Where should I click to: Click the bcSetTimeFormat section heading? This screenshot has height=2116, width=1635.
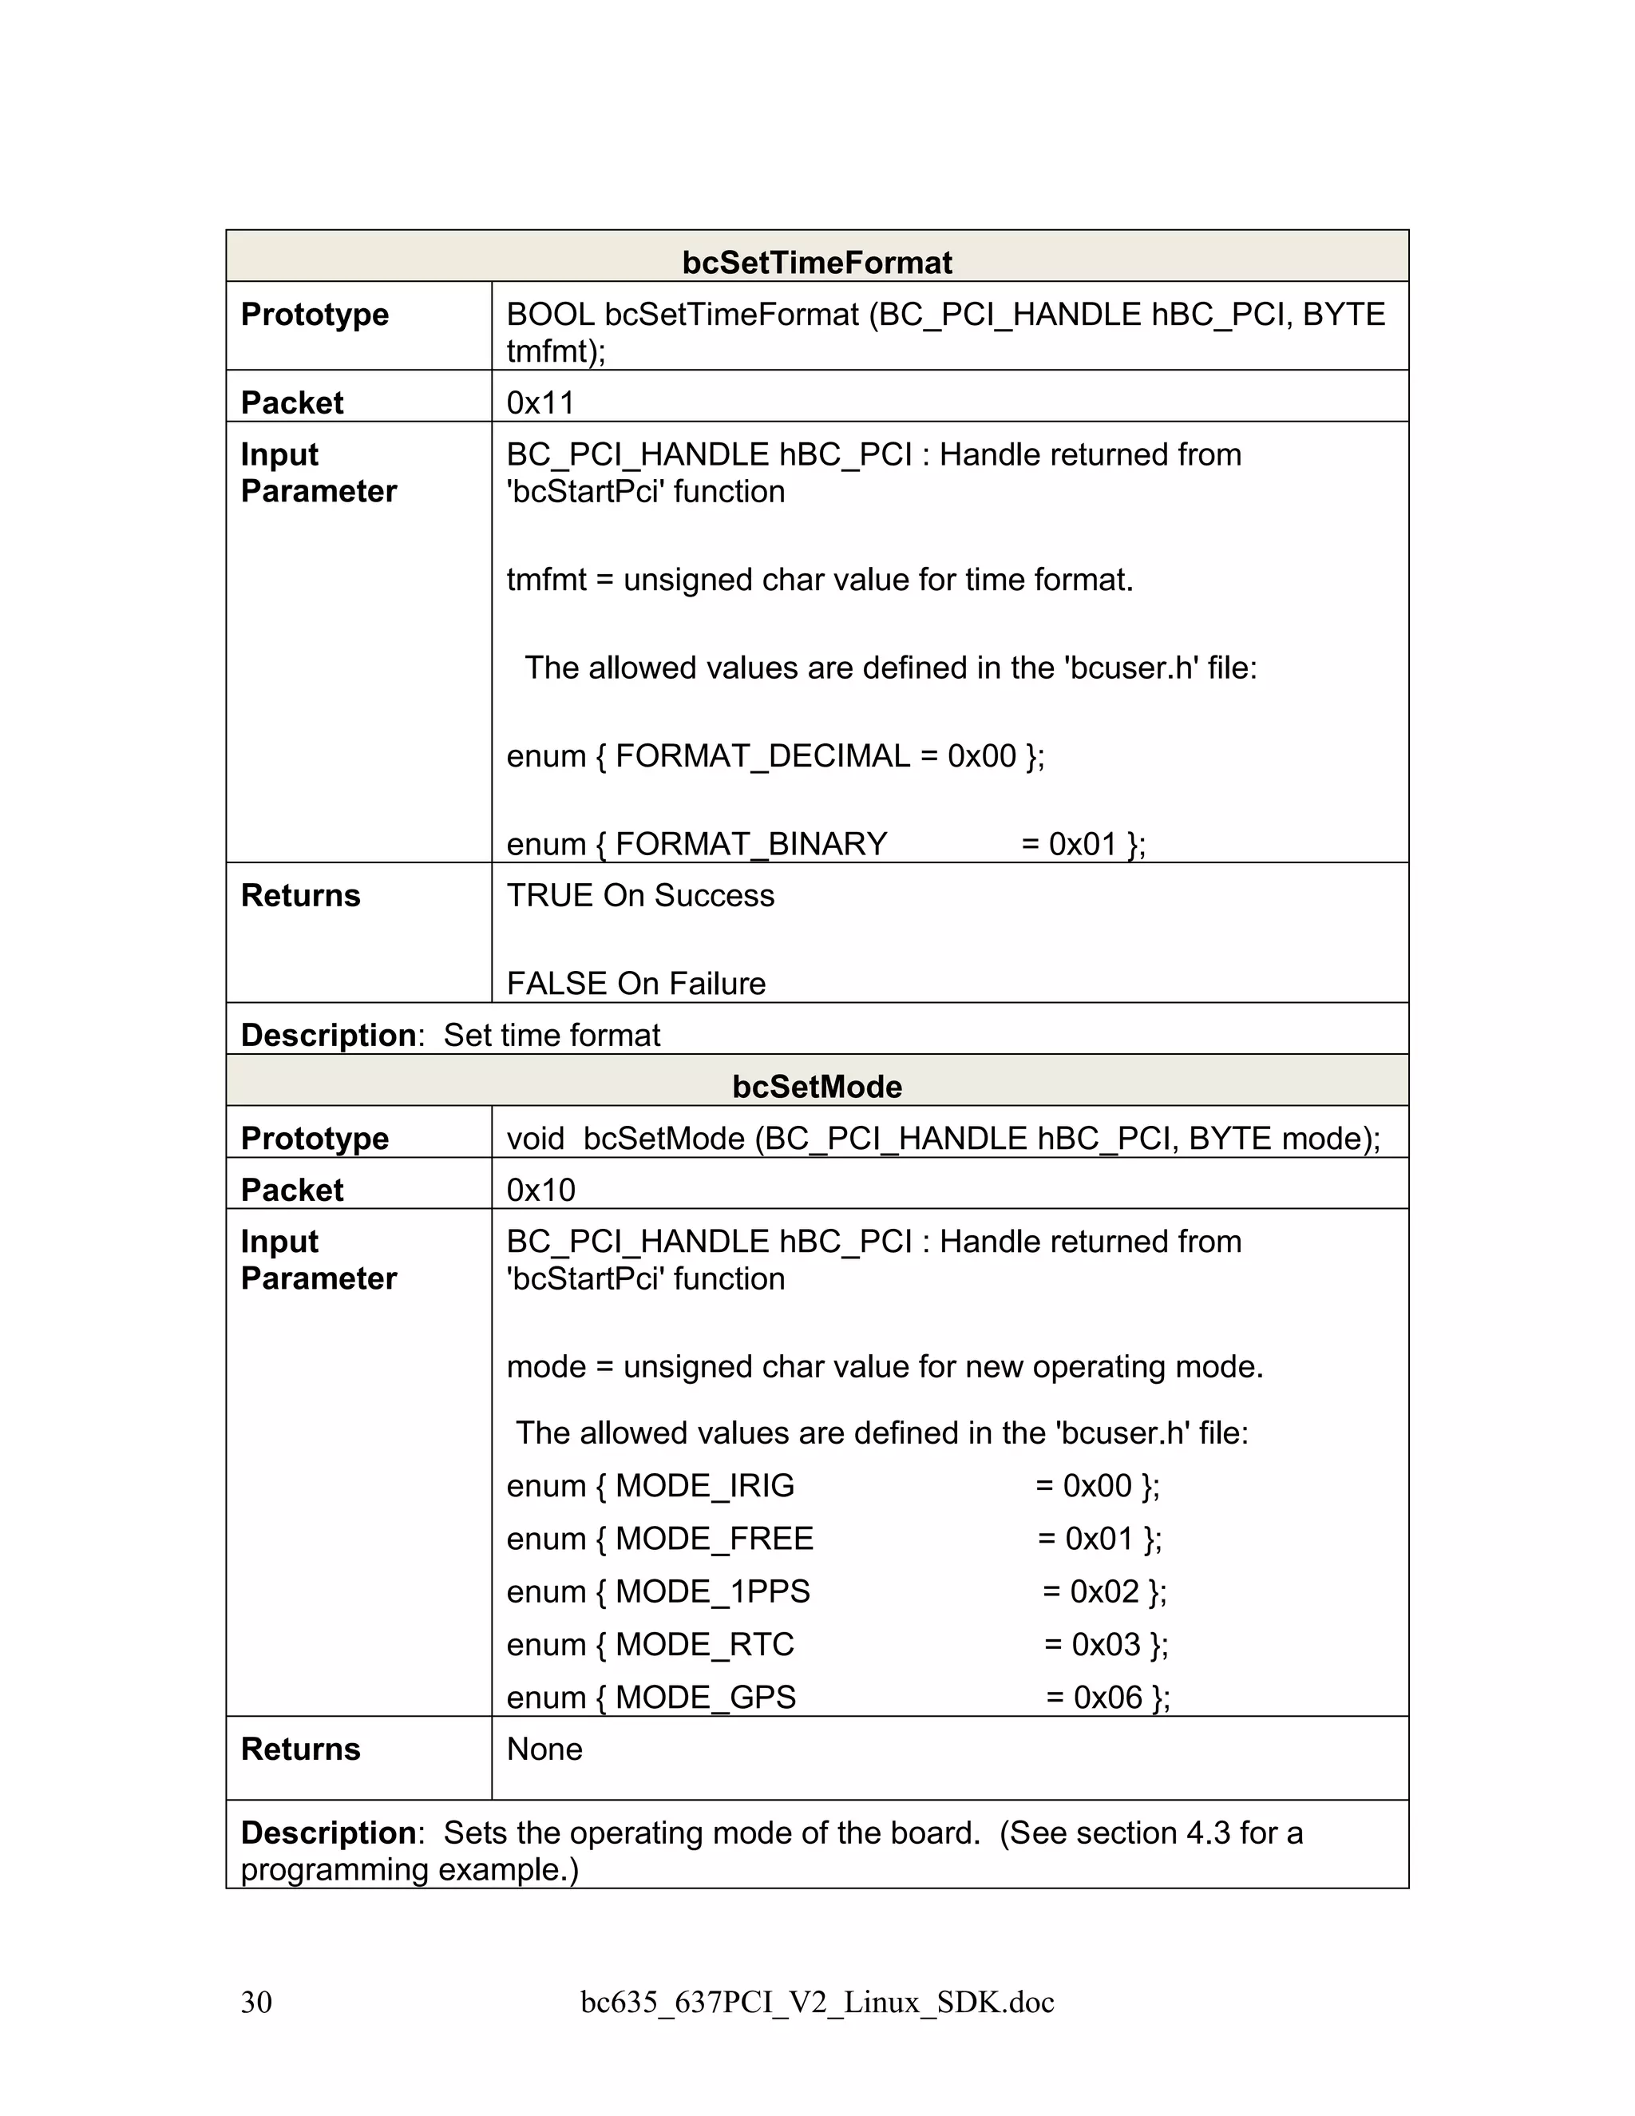pos(817,263)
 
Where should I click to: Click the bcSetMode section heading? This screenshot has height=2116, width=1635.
pos(817,1086)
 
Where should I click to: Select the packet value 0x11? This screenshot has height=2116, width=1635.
pos(540,402)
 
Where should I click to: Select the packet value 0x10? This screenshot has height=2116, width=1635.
pos(540,1189)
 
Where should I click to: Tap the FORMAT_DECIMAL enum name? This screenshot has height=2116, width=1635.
pos(762,755)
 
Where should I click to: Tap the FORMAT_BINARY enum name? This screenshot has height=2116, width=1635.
pos(750,843)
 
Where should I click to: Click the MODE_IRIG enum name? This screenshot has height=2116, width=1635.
pos(704,1485)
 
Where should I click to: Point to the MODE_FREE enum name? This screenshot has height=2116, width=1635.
pos(714,1538)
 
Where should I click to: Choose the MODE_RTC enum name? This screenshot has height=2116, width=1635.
pos(704,1644)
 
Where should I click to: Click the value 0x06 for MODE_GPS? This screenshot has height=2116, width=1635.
pos(1108,1697)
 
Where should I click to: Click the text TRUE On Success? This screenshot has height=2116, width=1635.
pos(640,895)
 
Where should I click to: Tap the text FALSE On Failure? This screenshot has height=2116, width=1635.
pos(635,984)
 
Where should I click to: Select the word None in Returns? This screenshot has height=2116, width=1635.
pos(544,1749)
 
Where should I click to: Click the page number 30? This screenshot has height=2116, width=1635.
pos(257,2002)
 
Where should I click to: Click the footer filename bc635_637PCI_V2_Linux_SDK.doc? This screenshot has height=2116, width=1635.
pos(817,2002)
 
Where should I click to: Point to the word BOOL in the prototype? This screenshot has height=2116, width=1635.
pos(550,314)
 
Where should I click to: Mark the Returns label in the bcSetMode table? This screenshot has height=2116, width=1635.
pos(300,1749)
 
